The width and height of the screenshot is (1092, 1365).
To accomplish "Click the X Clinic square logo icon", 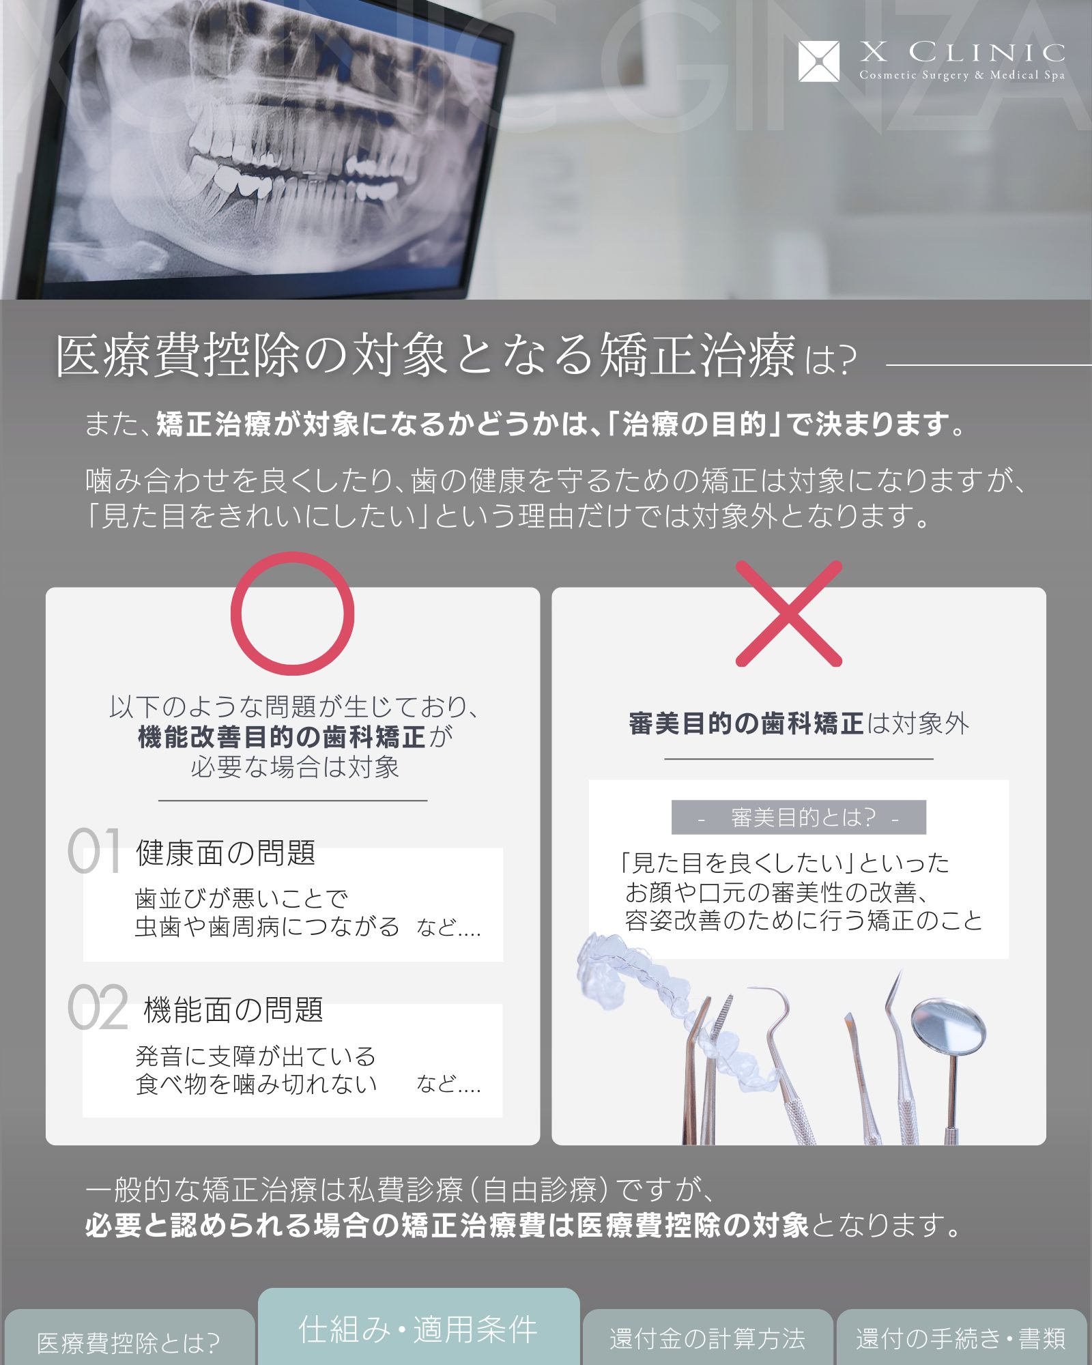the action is (818, 61).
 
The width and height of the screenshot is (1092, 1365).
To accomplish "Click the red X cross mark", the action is (789, 614).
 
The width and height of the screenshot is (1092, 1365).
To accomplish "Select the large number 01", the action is (95, 850).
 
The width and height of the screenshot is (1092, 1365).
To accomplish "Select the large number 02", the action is (98, 1007).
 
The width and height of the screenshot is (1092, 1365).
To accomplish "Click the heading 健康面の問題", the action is (225, 853).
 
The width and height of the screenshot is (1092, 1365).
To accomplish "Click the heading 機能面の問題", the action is (233, 1010).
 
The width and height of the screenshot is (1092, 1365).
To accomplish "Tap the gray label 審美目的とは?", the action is (799, 817).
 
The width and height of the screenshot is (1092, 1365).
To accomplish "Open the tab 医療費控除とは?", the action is (128, 1342).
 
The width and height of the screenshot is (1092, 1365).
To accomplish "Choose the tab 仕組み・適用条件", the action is (418, 1328).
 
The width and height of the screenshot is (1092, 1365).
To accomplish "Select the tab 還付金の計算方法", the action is (708, 1338).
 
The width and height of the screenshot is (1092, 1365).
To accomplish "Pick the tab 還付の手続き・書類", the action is (961, 1338).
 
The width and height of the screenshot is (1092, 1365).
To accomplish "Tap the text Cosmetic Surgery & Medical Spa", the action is (962, 75).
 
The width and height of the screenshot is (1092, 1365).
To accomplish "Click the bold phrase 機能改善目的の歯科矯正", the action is (282, 737).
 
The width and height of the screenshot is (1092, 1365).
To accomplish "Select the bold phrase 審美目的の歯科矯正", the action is (746, 723).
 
